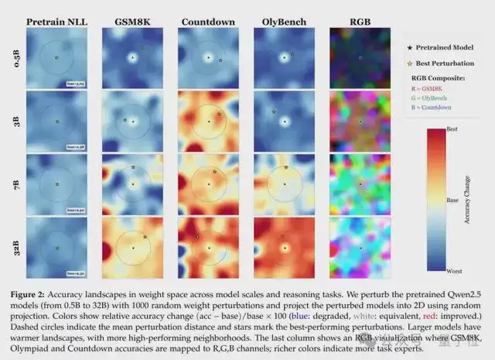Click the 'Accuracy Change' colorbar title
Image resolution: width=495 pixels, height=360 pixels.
click(x=466, y=201)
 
